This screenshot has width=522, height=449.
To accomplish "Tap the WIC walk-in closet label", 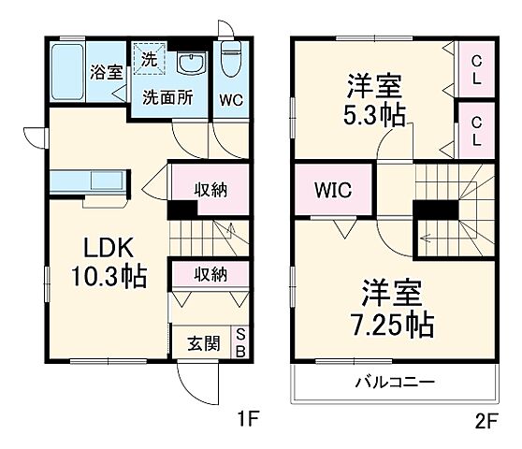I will pyautogui.click(x=334, y=191).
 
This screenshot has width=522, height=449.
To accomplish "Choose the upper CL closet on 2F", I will pyautogui.click(x=476, y=70).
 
